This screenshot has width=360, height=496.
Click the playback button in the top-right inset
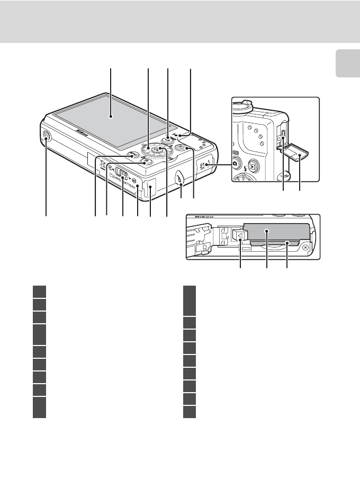254,165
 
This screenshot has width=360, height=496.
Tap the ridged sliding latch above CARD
121,173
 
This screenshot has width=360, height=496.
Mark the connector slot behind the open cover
282,139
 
